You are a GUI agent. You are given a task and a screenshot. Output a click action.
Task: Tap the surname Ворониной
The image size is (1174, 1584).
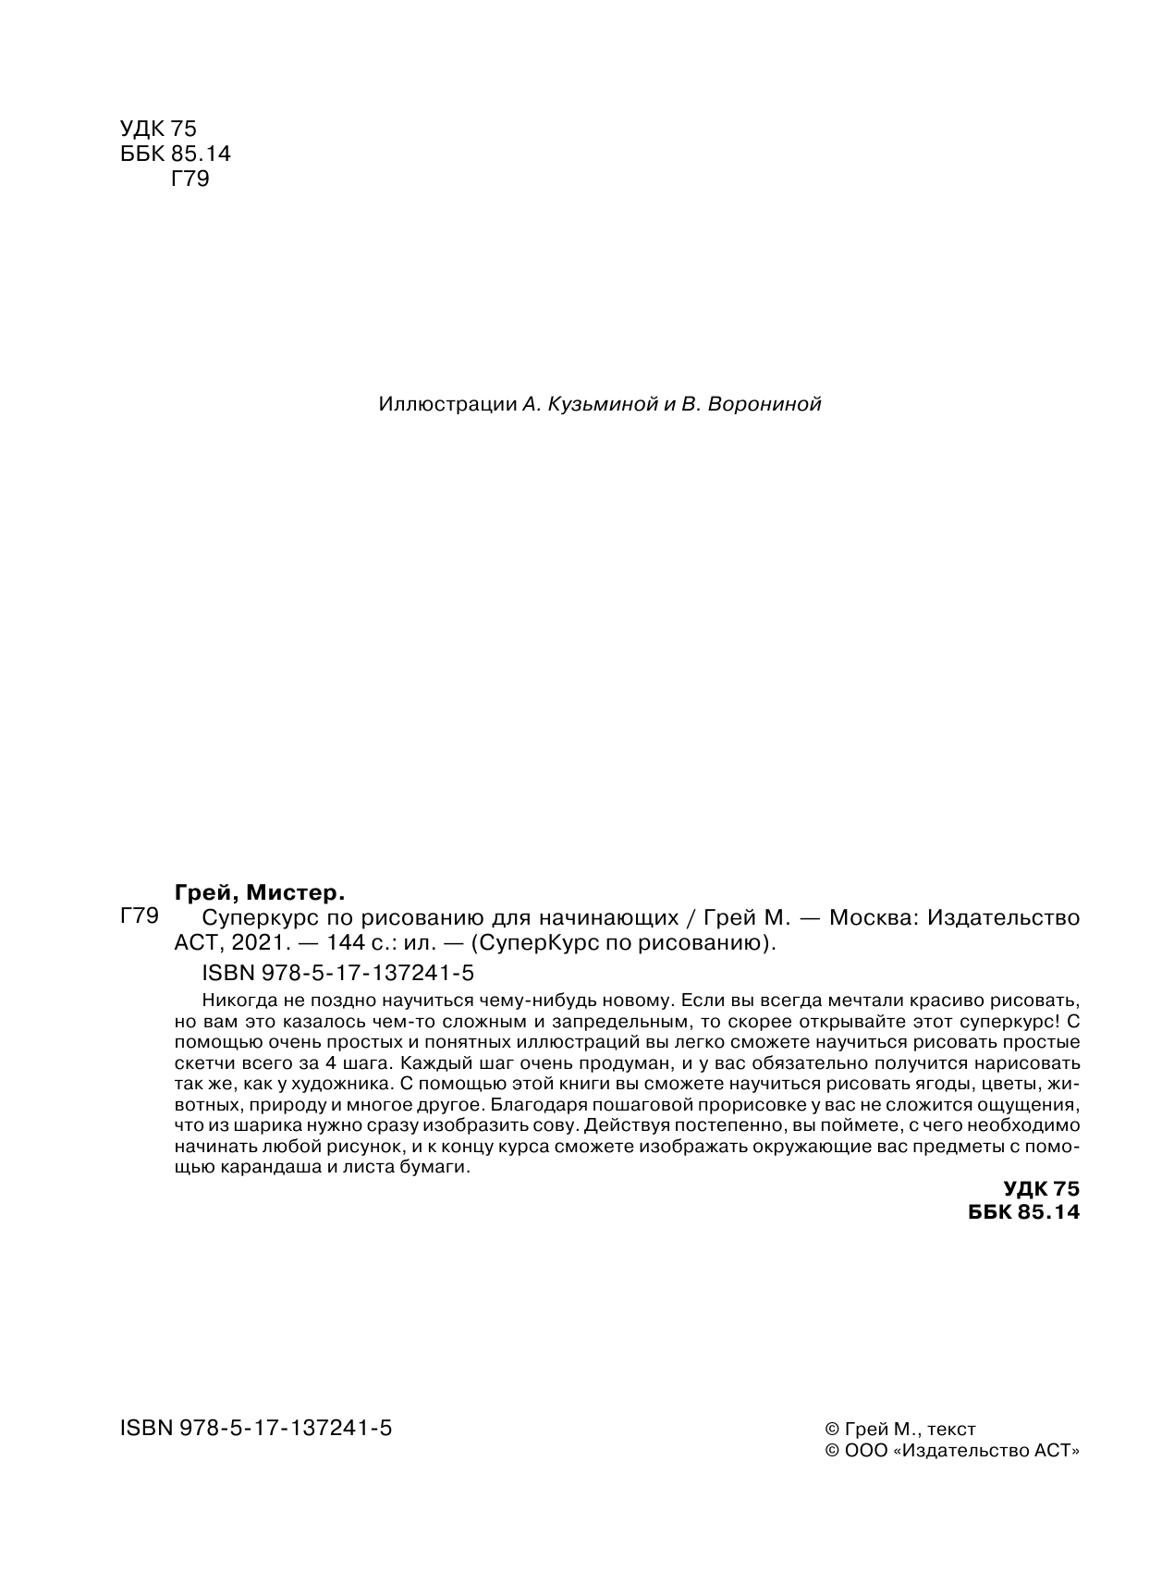[763, 404]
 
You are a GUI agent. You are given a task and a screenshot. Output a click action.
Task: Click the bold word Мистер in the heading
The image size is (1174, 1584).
[295, 893]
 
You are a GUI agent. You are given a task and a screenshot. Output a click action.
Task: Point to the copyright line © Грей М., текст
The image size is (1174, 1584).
[899, 1430]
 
